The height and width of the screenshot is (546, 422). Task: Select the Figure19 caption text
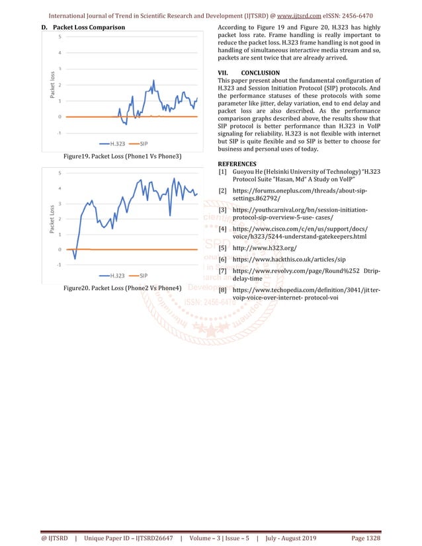pyautogui.click(x=122, y=156)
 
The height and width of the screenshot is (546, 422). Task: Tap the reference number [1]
pyautogui.click(x=223, y=172)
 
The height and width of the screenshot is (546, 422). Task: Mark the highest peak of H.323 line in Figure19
pyautogui.click(x=154, y=81)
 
